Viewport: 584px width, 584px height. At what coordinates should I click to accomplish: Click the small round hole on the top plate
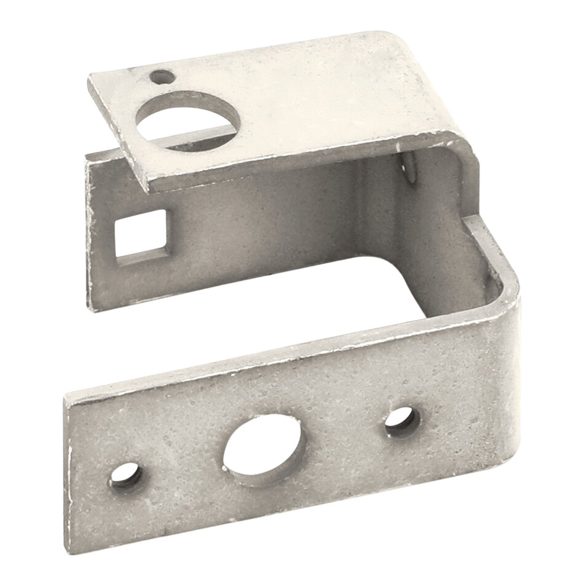click(162, 77)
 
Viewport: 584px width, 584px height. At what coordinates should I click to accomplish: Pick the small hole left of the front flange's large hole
click(125, 475)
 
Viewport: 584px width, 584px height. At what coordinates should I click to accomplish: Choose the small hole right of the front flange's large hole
click(403, 422)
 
